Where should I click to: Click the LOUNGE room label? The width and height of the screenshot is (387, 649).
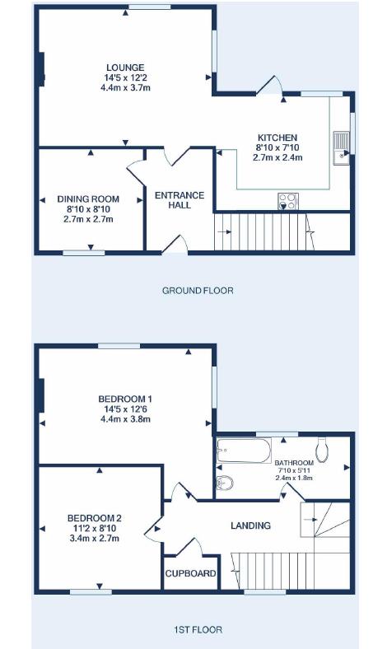(125, 68)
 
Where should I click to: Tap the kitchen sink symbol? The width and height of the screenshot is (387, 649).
(342, 147)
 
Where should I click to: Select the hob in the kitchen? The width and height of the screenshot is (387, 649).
(287, 201)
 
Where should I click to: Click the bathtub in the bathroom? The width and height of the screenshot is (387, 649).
(244, 451)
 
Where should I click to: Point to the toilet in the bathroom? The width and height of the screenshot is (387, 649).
(322, 450)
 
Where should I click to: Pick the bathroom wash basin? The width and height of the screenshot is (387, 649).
(225, 482)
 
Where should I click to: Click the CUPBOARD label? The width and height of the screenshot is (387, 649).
(190, 573)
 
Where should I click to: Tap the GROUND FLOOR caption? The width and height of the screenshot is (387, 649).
(198, 291)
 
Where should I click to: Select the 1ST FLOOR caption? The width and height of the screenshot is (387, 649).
(198, 629)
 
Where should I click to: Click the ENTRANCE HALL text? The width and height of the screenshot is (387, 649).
(180, 200)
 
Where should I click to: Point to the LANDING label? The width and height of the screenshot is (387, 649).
(250, 525)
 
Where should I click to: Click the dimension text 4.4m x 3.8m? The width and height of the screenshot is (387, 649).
(125, 419)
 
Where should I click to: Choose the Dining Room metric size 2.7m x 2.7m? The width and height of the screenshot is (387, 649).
(88, 219)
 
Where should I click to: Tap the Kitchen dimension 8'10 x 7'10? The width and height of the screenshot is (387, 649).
(277, 147)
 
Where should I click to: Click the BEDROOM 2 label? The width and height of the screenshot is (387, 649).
(95, 518)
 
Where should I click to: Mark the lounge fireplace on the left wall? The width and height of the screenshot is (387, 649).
(41, 68)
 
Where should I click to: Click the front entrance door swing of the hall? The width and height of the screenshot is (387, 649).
(176, 245)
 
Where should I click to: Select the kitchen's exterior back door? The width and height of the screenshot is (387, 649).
(269, 86)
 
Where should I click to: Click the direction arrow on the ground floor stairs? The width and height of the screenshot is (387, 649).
(224, 231)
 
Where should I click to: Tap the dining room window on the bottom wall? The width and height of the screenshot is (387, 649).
(84, 253)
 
